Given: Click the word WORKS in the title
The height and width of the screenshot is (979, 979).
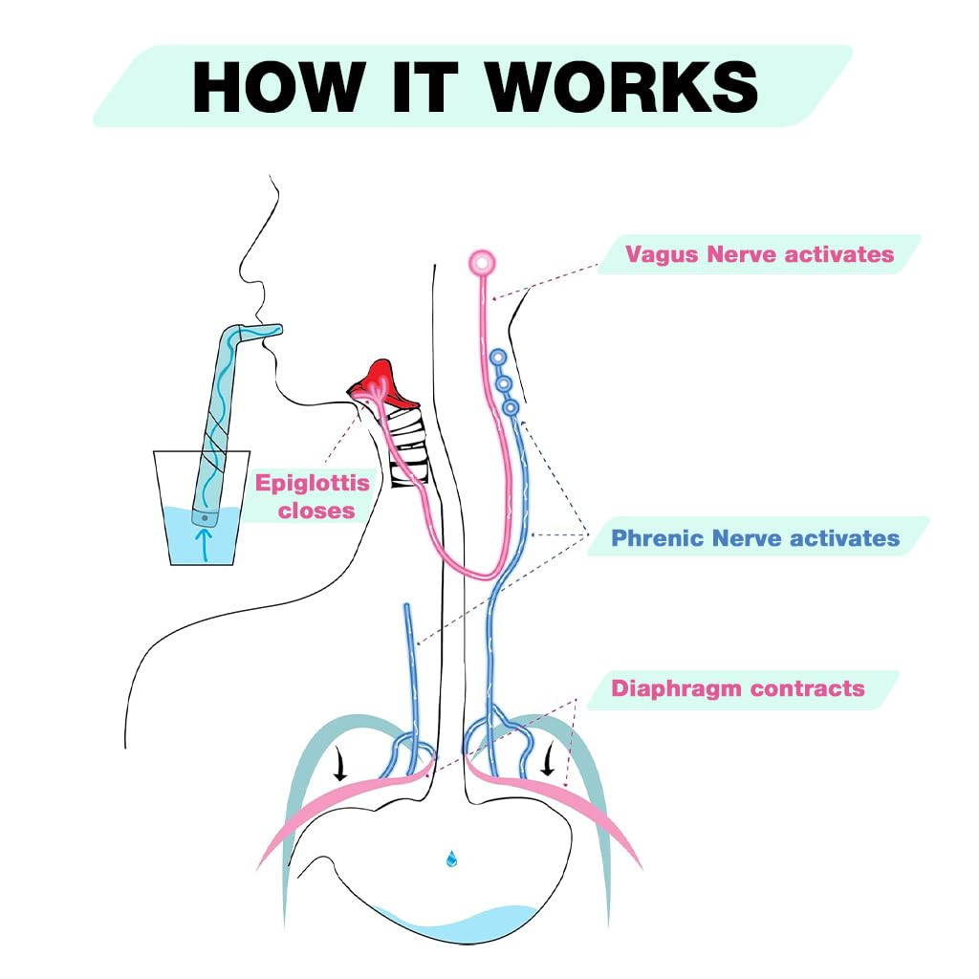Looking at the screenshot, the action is click(622, 87).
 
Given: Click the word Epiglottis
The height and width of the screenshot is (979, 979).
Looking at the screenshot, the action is click(313, 484).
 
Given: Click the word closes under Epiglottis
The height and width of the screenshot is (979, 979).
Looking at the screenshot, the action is click(316, 511).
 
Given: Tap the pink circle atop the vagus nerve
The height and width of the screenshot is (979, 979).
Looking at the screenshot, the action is click(482, 262).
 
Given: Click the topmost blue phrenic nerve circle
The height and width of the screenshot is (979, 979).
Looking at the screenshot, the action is click(497, 358).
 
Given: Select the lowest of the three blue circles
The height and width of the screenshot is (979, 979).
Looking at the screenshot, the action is click(511, 408).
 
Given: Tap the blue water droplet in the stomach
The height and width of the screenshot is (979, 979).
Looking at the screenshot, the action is click(451, 859).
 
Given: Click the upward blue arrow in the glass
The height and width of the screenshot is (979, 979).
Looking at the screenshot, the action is click(203, 545).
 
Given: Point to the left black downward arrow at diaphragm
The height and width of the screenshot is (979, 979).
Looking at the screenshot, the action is click(339, 762).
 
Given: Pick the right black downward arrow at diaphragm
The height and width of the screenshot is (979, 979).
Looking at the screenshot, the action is click(548, 758).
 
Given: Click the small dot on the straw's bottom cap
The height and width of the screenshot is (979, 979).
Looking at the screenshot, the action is click(205, 518).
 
